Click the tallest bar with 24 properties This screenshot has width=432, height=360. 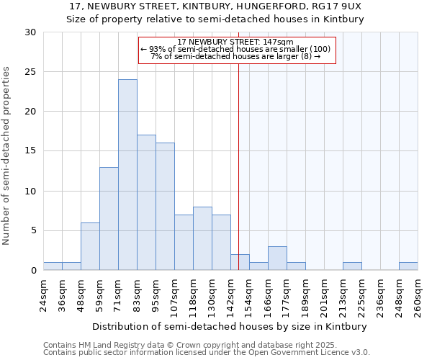click(127, 175)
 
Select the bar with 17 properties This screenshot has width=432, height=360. click(146, 202)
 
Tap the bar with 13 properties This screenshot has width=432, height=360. click(109, 218)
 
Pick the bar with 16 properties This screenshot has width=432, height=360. click(165, 207)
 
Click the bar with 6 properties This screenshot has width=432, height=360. click(90, 246)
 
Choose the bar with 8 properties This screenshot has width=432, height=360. click(202, 238)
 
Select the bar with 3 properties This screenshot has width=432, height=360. click(277, 258)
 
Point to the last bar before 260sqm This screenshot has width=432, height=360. click(408, 266)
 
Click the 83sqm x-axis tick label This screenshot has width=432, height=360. click(138, 294)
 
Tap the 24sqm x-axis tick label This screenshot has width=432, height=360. click(44, 294)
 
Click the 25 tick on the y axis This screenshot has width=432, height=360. click(30, 72)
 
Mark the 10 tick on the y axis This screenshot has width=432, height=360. click(30, 192)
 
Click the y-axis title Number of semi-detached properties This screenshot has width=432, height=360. click(7, 156)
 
